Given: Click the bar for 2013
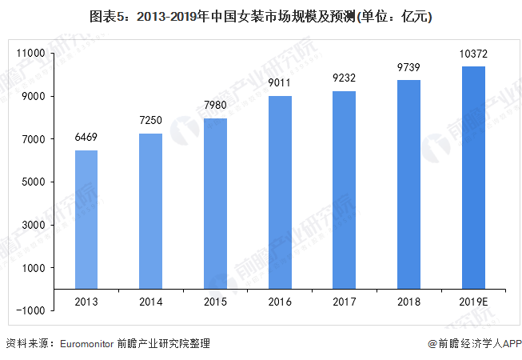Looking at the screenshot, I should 86,218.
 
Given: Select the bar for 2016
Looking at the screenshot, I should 280,192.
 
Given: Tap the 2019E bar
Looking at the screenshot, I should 473,177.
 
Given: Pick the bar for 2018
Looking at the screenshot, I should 408,184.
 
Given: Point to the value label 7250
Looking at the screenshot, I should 150,122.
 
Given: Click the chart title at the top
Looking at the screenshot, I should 261,15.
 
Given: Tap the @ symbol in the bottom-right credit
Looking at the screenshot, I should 432,343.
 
